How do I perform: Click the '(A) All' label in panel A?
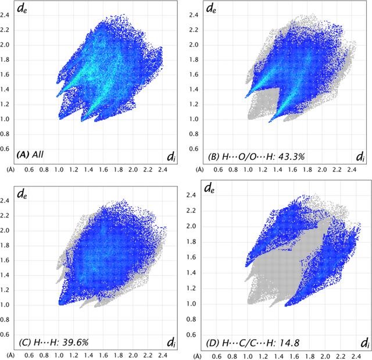point(30,155)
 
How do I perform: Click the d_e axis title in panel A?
point(22,9)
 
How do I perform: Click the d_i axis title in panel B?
point(360,156)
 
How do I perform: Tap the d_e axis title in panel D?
point(209,188)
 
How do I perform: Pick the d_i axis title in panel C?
point(171,343)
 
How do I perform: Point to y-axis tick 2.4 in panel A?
point(5,15)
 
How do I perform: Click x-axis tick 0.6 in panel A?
point(29,170)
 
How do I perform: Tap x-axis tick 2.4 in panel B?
point(352,170)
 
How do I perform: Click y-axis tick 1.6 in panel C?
point(5,261)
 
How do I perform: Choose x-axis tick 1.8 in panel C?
point(118,355)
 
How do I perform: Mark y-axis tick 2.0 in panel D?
point(191,226)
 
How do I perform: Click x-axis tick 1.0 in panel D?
point(248,357)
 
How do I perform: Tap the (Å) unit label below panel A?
point(10,170)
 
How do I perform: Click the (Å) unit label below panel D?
point(197,357)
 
